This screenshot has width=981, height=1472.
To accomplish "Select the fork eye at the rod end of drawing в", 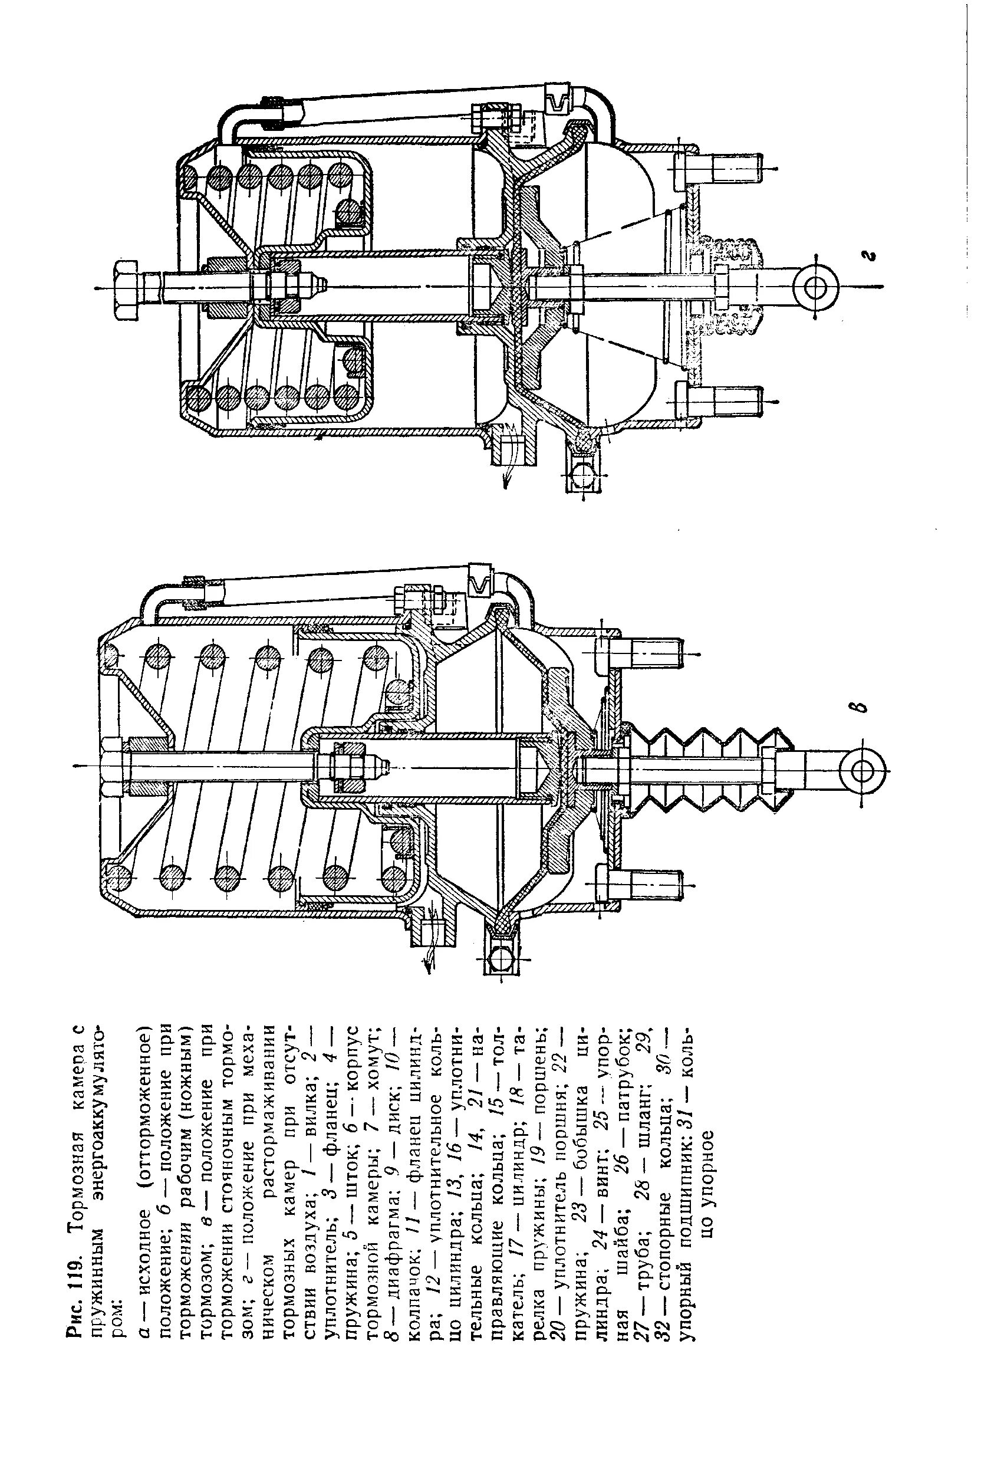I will [x=862, y=769].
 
